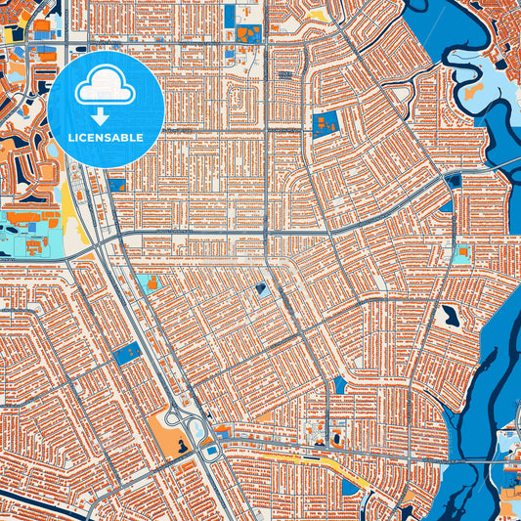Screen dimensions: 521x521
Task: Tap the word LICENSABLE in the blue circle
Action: [106, 138]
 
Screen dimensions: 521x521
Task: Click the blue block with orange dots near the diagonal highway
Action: [127, 355]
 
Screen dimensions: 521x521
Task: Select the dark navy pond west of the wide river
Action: [450, 316]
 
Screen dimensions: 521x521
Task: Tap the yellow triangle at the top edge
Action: [319, 16]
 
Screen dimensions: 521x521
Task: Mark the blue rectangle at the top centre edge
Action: [230, 14]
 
